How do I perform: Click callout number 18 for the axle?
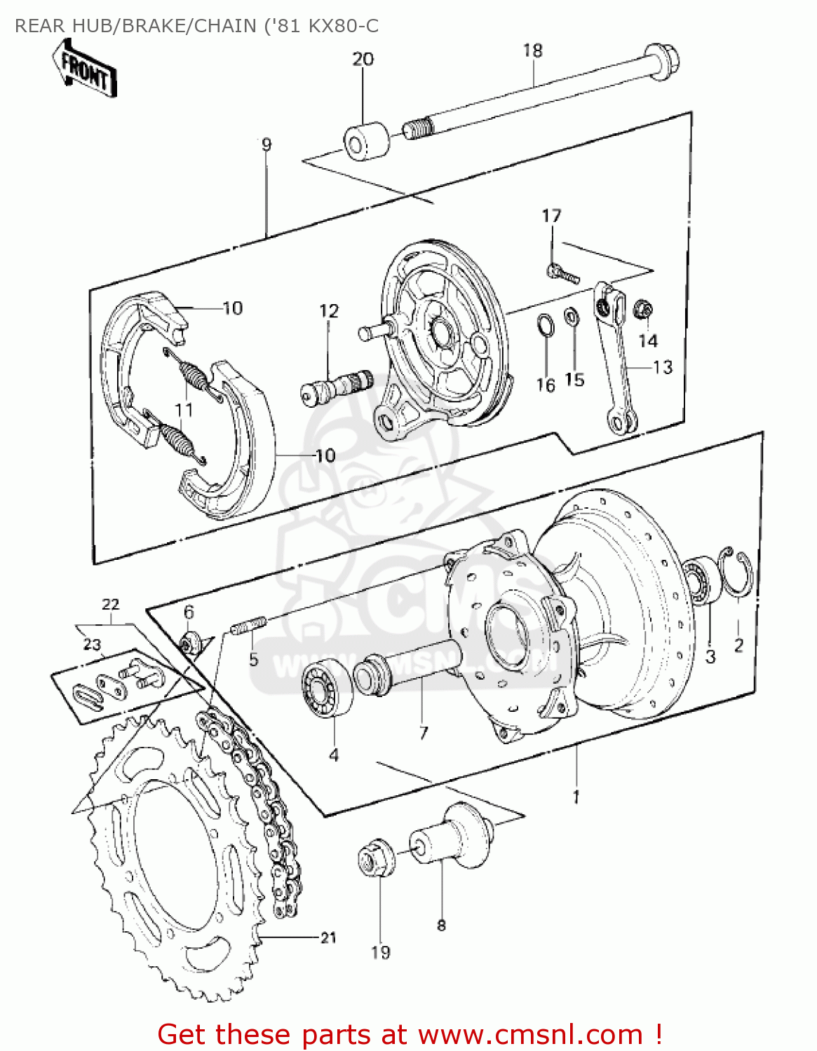(x=532, y=50)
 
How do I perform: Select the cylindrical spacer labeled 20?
(x=366, y=140)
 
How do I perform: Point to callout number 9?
(x=266, y=145)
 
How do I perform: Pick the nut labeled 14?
(x=643, y=309)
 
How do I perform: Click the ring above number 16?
(x=545, y=326)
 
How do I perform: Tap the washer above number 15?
(x=572, y=317)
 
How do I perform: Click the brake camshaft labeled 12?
(x=337, y=384)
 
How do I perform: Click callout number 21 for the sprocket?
(x=328, y=937)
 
